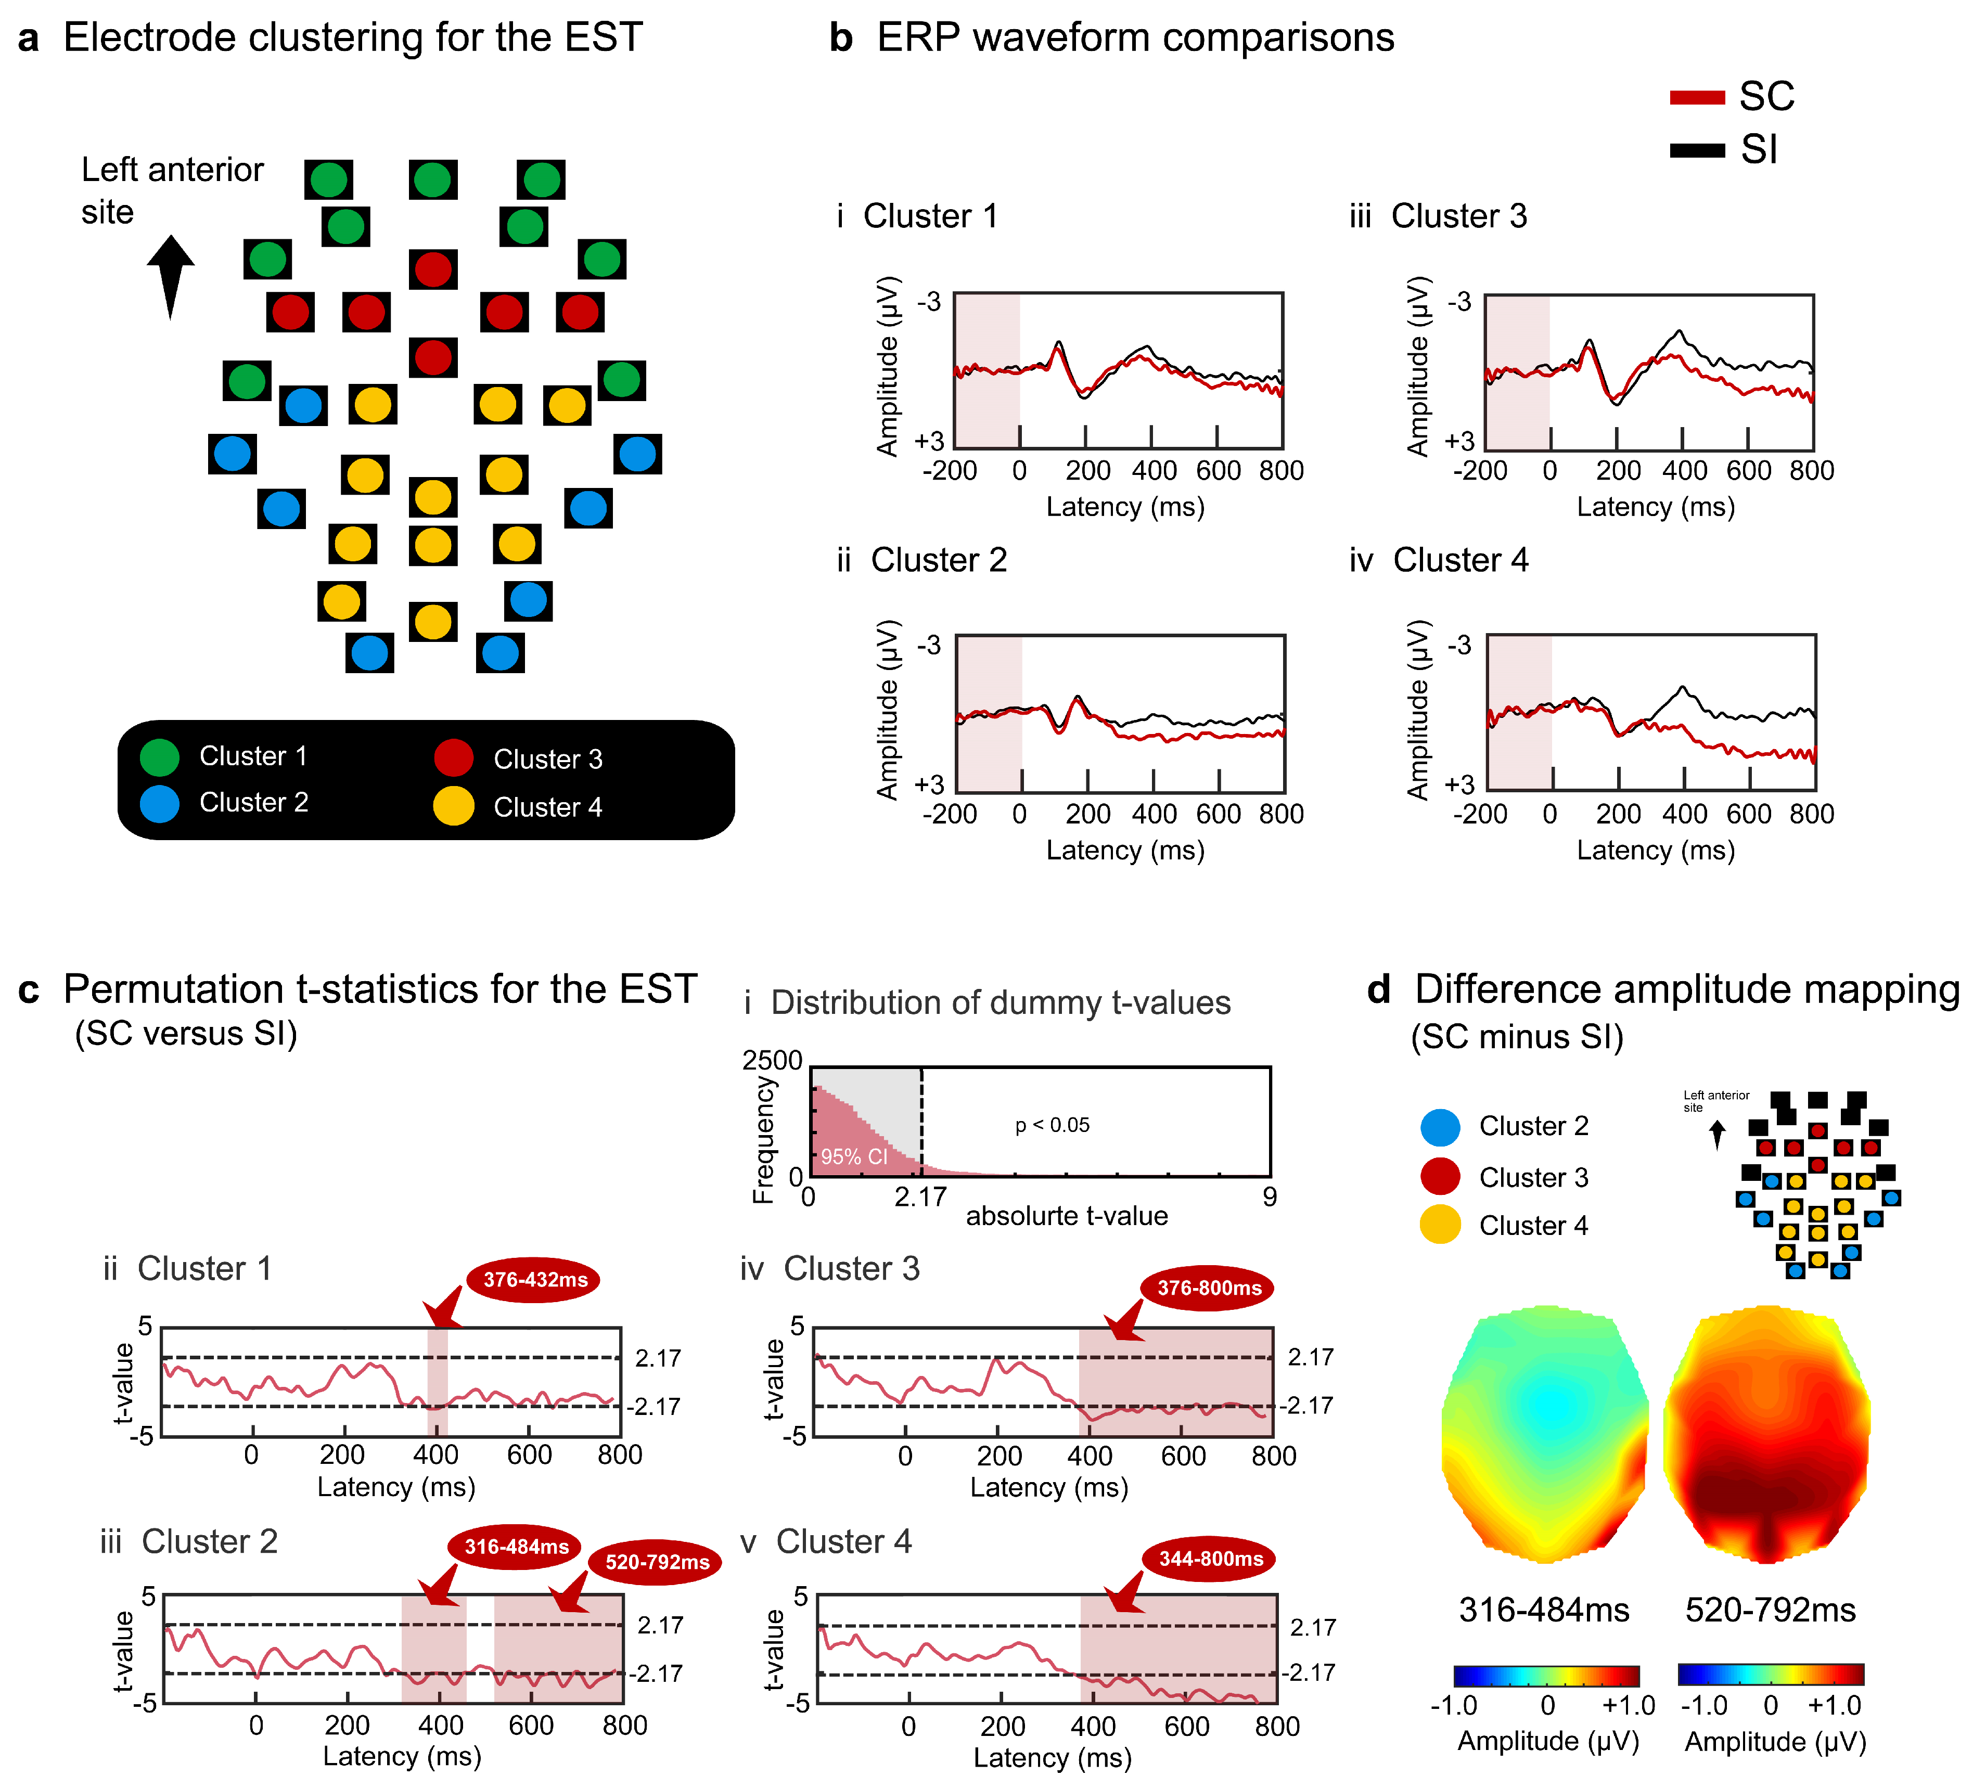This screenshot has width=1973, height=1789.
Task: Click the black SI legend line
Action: click(1696, 150)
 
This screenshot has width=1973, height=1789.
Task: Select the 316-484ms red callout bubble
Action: click(516, 1546)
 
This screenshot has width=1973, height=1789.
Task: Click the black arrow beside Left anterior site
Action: click(171, 276)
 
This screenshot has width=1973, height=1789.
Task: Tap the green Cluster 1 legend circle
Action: click(160, 756)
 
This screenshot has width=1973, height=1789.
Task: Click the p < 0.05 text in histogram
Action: click(1052, 1125)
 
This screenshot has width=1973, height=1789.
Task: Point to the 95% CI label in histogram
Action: click(853, 1157)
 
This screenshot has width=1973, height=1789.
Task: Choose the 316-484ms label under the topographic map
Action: click(1543, 1610)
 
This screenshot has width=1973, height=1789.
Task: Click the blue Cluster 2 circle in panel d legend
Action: click(1440, 1126)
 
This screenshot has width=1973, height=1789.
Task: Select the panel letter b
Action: click(841, 38)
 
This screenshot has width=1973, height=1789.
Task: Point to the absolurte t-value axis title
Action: click(1067, 1216)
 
